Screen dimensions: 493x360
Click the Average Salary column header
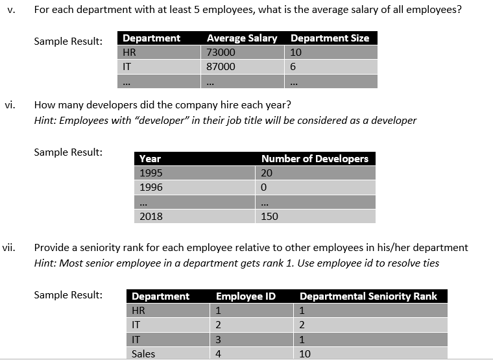[x=241, y=38]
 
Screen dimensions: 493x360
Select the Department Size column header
[x=330, y=38]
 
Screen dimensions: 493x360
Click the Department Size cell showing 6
[x=294, y=67]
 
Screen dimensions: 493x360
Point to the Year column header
[x=150, y=158]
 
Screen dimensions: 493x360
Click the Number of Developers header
[x=315, y=158]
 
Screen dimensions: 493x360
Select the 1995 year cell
[x=151, y=173]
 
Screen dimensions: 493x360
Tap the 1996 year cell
[x=151, y=187]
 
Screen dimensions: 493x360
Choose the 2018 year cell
[x=151, y=216]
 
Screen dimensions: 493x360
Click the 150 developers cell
[x=269, y=216]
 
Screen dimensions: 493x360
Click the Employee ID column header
[x=246, y=296]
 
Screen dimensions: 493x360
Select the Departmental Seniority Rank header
[x=368, y=296]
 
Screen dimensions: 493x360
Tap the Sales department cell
[x=143, y=354]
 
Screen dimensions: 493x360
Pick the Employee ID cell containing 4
[x=219, y=354]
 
